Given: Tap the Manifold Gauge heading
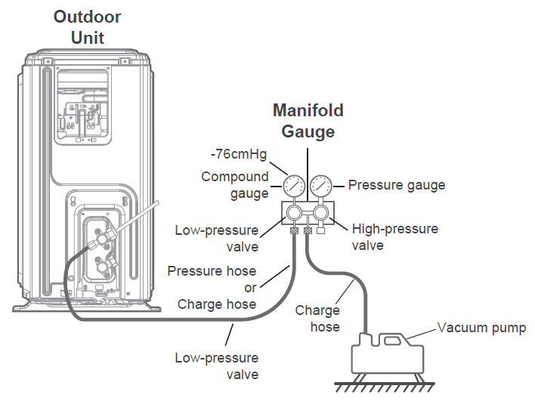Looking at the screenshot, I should pyautogui.click(x=308, y=120).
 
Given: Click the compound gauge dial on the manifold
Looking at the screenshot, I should pyautogui.click(x=294, y=185).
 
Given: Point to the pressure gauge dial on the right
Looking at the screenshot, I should pyautogui.click(x=321, y=185).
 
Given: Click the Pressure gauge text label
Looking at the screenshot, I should pyautogui.click(x=396, y=185).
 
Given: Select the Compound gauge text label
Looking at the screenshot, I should pyautogui.click(x=234, y=185).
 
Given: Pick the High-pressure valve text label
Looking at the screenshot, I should pyautogui.click(x=394, y=236).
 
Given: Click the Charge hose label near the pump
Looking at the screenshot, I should pyautogui.click(x=317, y=318).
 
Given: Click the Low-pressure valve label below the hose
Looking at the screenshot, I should pyautogui.click(x=216, y=366).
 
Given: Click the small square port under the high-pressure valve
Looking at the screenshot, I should pyautogui.click(x=321, y=231).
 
